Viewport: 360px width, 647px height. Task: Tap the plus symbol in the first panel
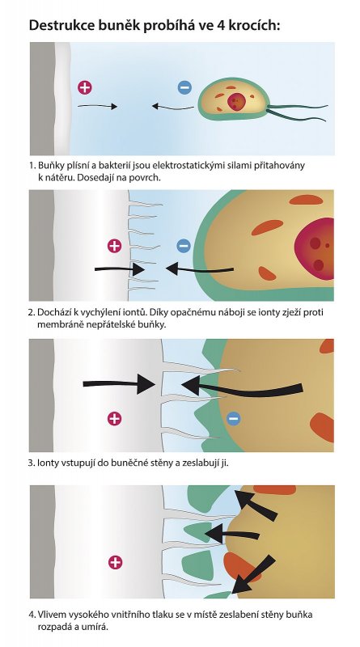point(85,87)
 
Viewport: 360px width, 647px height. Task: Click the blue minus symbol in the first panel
point(184,87)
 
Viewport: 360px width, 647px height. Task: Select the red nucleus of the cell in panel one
point(235,102)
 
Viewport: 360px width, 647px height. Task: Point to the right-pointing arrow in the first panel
point(97,106)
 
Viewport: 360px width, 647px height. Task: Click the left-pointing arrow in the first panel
point(172,107)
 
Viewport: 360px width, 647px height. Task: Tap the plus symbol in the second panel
point(114,246)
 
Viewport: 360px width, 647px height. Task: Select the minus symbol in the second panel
point(184,246)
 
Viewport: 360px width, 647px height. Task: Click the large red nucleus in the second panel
point(315,249)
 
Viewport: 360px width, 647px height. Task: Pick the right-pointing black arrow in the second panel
point(120,269)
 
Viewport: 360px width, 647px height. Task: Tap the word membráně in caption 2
point(53,324)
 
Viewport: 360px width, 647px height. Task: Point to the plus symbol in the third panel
point(114,418)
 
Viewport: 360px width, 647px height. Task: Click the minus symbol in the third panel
point(233,418)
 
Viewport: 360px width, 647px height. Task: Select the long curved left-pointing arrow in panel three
point(243,389)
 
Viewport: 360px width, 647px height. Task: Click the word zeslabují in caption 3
point(197,463)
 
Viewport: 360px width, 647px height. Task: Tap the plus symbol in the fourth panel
point(115,562)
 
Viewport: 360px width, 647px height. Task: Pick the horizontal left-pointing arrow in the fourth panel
point(232,535)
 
